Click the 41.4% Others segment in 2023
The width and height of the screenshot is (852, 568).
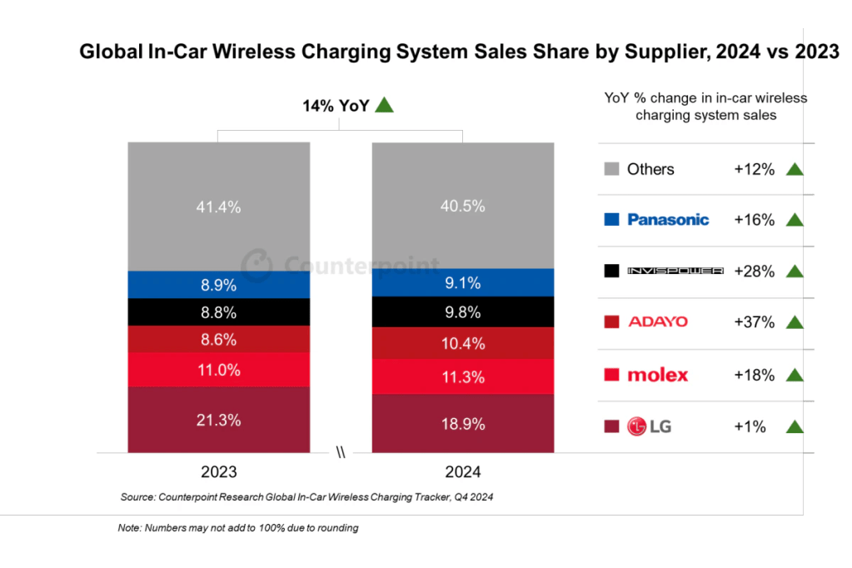pyautogui.click(x=218, y=207)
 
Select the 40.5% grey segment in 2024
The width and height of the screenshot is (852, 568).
pyautogui.click(x=462, y=205)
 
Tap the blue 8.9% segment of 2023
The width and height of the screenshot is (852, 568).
pyautogui.click(x=218, y=285)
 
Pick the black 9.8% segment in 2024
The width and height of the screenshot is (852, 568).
pyautogui.click(x=462, y=312)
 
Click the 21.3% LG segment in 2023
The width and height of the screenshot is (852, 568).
pyautogui.click(x=218, y=420)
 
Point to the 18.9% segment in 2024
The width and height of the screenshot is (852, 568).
pyautogui.click(x=462, y=424)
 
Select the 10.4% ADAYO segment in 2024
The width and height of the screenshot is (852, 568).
pyautogui.click(x=462, y=343)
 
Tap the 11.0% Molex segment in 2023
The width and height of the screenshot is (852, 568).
pyautogui.click(x=218, y=370)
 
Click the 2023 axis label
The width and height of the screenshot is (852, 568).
pyautogui.click(x=218, y=472)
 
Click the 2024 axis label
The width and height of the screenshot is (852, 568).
pyautogui.click(x=462, y=472)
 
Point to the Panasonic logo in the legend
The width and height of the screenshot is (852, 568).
pyautogui.click(x=668, y=220)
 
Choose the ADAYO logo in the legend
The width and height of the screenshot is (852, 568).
pyautogui.click(x=658, y=322)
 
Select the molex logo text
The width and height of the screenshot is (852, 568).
pyautogui.click(x=658, y=375)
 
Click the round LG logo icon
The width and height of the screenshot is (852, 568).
pyautogui.click(x=637, y=427)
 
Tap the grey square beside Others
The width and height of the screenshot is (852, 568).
pyautogui.click(x=611, y=169)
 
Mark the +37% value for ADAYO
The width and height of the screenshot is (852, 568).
pyautogui.click(x=754, y=322)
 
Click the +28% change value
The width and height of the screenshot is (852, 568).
pyautogui.click(x=754, y=272)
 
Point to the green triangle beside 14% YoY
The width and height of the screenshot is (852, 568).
pyautogui.click(x=384, y=105)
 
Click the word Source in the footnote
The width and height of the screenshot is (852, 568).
pyautogui.click(x=138, y=497)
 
